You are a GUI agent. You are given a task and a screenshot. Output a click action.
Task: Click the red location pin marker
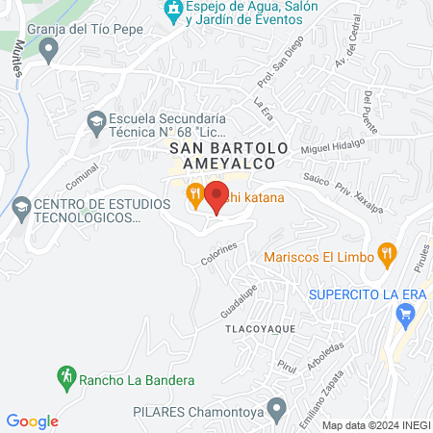pos(216,197)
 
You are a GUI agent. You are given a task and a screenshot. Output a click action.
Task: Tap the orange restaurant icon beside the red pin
pos(195,196)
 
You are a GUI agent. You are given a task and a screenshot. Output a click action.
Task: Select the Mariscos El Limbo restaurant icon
pos(387,255)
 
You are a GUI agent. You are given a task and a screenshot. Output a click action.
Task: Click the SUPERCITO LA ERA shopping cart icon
pos(406,313)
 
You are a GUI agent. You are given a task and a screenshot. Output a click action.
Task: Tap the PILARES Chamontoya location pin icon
pos(277,410)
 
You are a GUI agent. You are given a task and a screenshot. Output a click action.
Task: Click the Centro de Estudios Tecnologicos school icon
pos(21,207)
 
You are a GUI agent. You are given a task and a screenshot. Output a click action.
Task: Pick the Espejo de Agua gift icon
pos(174,13)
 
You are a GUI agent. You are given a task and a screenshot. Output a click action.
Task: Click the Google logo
pos(32,420)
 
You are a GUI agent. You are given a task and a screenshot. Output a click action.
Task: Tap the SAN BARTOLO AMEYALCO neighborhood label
pos(229,157)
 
